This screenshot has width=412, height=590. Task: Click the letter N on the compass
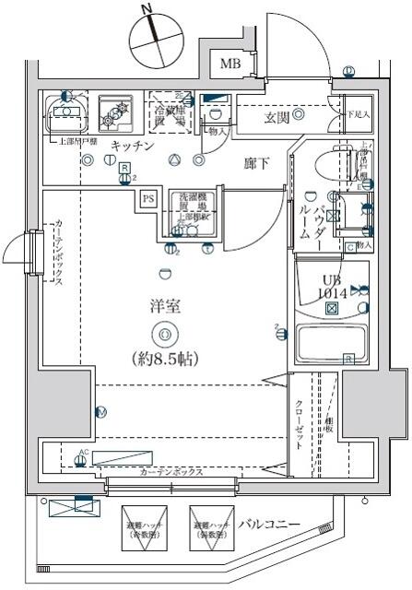[x=146, y=10]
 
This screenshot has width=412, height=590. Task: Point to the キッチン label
[x=132, y=147]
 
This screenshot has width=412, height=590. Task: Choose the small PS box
[x=148, y=197]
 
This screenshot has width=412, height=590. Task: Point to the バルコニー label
[x=268, y=525]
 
